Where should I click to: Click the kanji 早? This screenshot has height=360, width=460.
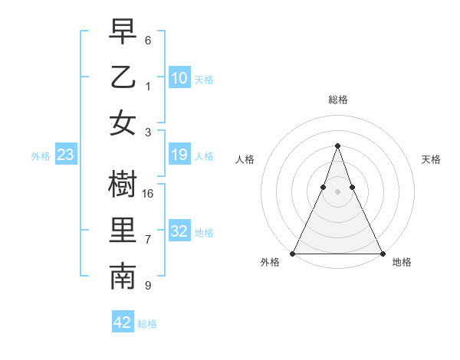[123, 33]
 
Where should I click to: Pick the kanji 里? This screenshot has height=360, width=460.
[123, 231]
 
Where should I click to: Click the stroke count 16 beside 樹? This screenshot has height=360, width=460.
[149, 194]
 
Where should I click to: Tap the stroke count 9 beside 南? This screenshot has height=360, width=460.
[148, 286]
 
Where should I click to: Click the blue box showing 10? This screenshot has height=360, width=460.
[179, 77]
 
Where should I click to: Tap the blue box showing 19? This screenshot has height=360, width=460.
[179, 155]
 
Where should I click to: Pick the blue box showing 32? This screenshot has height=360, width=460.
[179, 231]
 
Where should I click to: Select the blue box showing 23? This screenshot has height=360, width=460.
[66, 155]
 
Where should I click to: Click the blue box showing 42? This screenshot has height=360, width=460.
[123, 322]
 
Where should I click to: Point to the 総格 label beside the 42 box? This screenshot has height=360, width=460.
[147, 324]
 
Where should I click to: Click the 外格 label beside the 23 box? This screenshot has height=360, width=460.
[41, 156]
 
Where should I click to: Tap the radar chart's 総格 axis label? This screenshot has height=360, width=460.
[337, 100]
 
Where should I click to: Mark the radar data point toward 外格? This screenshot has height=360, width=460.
[293, 254]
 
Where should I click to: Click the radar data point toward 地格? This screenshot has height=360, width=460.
[382, 254]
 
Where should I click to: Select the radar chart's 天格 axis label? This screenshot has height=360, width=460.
[431, 159]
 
